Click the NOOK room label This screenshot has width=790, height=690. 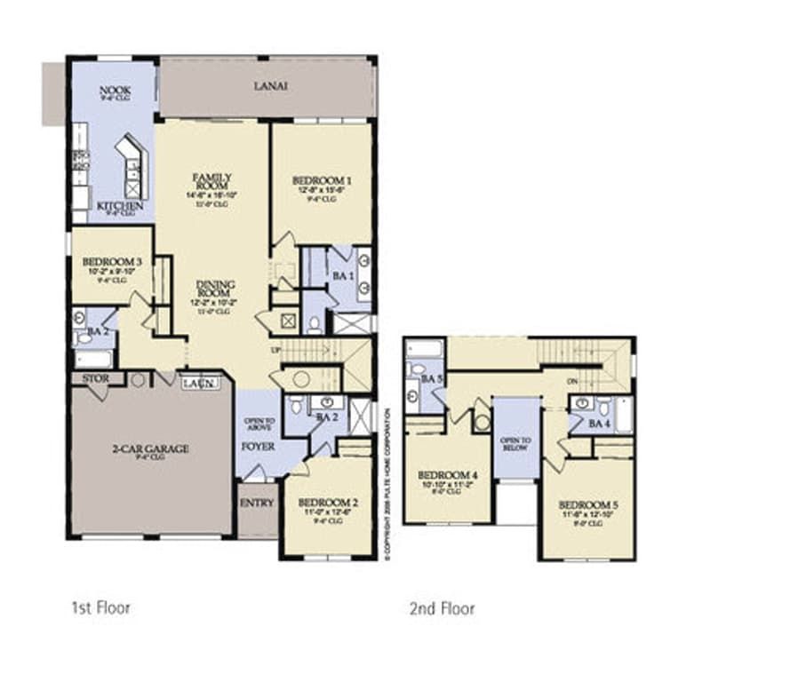[x=116, y=90]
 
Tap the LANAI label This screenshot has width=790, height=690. [x=270, y=85]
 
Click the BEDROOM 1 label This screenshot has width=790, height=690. [x=321, y=180]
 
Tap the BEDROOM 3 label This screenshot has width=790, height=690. [x=112, y=262]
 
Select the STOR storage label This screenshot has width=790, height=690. [x=95, y=378]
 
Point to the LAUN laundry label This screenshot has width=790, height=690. [x=196, y=383]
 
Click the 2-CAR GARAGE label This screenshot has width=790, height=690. [x=150, y=448]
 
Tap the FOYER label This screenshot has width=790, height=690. [x=259, y=446]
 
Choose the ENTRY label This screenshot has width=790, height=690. [x=258, y=503]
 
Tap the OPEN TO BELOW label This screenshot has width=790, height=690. [x=515, y=443]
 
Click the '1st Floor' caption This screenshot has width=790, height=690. [x=100, y=608]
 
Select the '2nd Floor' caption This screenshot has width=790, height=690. [x=442, y=608]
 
